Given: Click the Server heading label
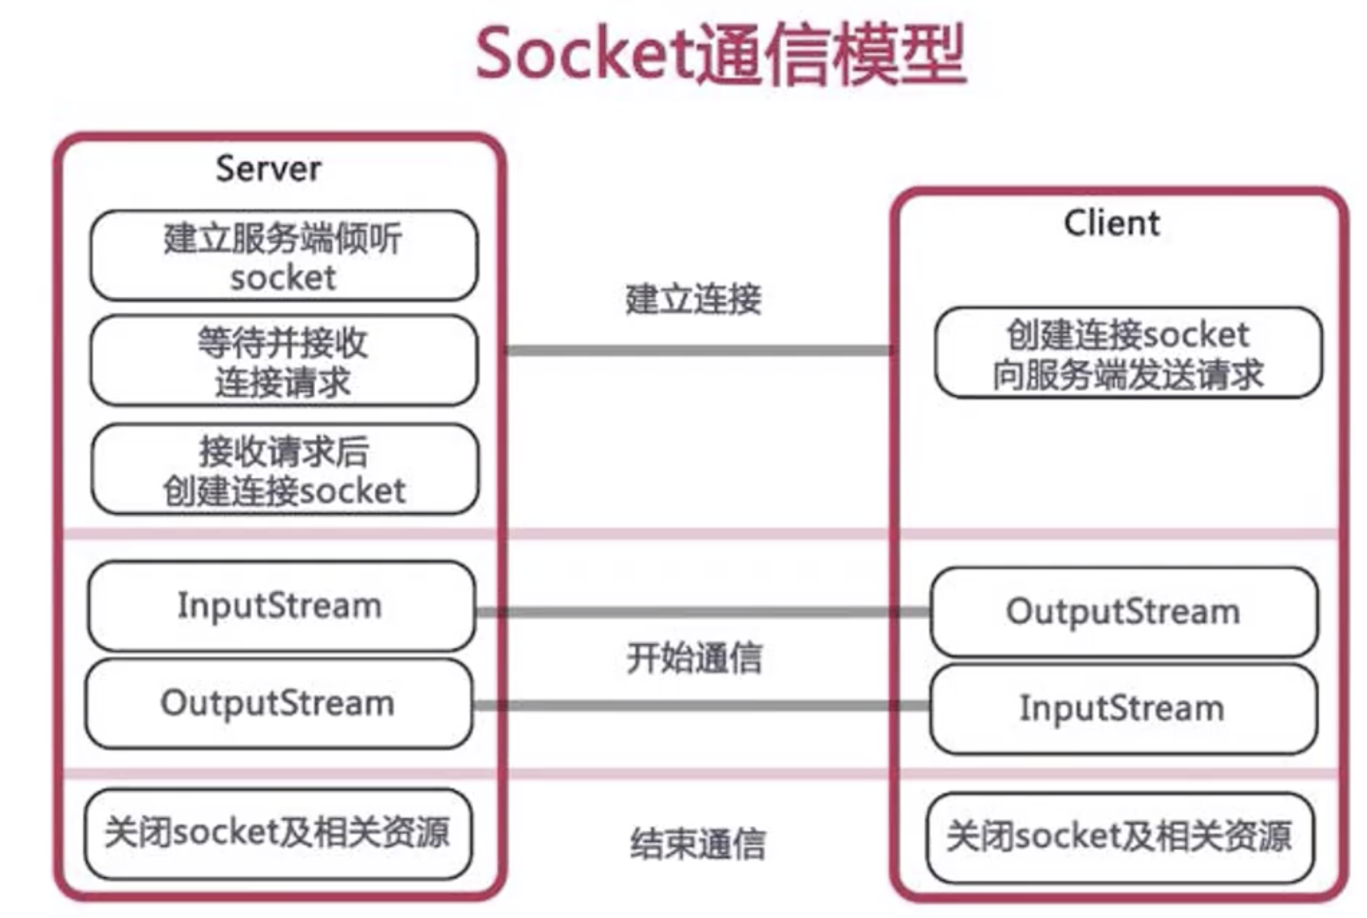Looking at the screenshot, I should pyautogui.click(x=268, y=169).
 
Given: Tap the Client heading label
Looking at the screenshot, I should pyautogui.click(x=1112, y=224).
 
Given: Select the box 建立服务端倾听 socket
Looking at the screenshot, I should pyautogui.click(x=284, y=257).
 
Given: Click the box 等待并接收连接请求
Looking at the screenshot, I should pyautogui.click(x=284, y=361).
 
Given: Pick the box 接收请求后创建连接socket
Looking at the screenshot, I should pyautogui.click(x=285, y=470).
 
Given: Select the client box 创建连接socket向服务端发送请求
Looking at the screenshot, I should pyautogui.click(x=1128, y=353).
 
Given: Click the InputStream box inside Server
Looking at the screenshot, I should pyautogui.click(x=281, y=606).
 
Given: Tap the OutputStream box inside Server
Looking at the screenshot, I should pyautogui.click(x=279, y=703).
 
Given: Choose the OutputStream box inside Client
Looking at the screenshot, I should pyautogui.click(x=1123, y=612).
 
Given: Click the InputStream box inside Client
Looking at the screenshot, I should pyautogui.click(x=1123, y=709).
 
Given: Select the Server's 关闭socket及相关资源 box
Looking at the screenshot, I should pyautogui.click(x=278, y=834).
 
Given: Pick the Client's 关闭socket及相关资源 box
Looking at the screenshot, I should pyautogui.click(x=1119, y=837).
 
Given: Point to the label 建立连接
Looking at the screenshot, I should pyautogui.click(x=693, y=300).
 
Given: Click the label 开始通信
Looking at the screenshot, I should pyautogui.click(x=694, y=659).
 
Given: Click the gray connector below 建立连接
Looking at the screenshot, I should pyautogui.click(x=698, y=350).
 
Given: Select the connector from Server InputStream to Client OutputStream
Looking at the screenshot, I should pyautogui.click(x=702, y=612).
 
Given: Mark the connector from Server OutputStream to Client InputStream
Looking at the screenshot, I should pyautogui.click(x=702, y=705).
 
